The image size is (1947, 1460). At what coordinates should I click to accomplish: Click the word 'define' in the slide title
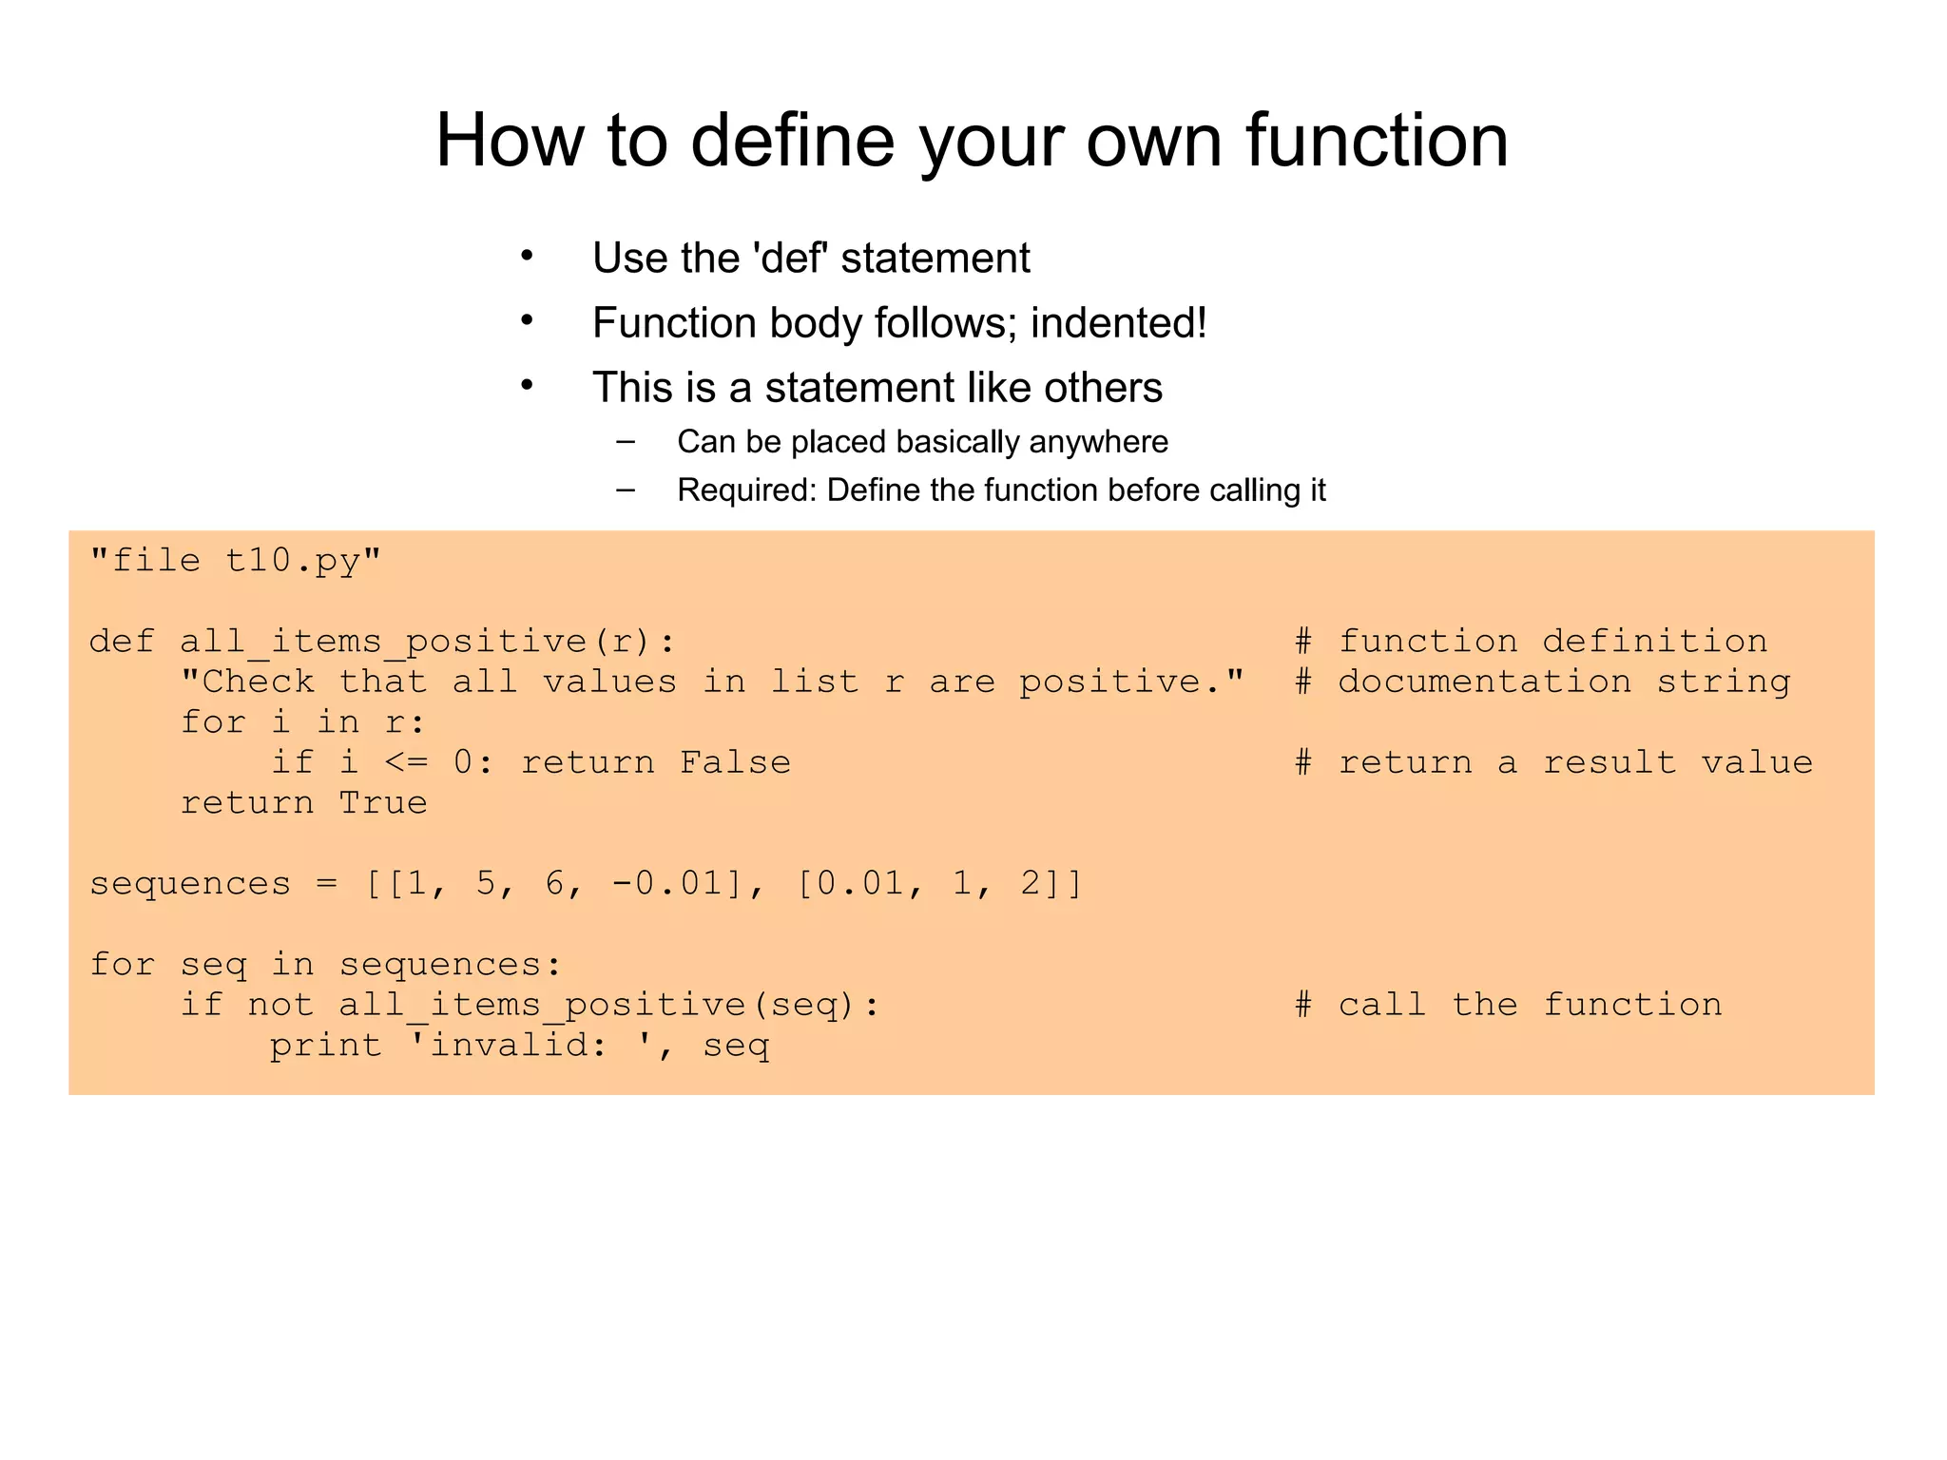(x=792, y=141)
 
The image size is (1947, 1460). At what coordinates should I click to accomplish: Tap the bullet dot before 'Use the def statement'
(x=527, y=257)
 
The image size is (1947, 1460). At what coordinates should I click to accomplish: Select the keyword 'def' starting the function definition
(x=122, y=642)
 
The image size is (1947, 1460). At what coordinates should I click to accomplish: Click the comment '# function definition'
(x=1531, y=642)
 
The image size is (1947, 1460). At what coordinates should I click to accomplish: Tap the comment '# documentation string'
(x=1542, y=682)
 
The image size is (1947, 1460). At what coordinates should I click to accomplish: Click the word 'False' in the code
(x=735, y=762)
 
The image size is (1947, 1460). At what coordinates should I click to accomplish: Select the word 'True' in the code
(x=383, y=803)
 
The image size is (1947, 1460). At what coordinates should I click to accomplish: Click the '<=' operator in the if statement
(x=406, y=762)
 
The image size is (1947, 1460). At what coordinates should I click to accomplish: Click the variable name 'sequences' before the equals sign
(x=190, y=884)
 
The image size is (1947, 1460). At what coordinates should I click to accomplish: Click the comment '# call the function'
(x=1508, y=1005)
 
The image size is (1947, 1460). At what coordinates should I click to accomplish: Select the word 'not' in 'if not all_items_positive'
(x=280, y=1005)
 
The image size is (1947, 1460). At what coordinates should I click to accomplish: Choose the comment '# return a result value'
(x=1553, y=762)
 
